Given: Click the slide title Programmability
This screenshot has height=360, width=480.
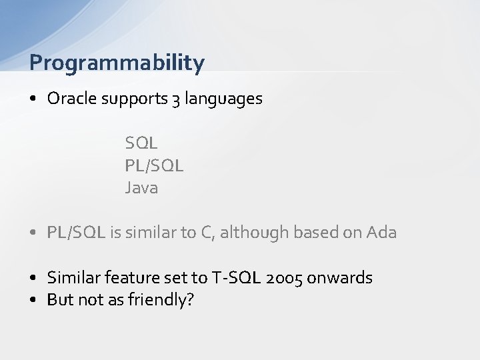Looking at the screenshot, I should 117,63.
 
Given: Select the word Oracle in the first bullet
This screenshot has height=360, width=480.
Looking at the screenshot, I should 73,99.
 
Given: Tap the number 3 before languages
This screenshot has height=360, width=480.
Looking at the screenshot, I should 175,99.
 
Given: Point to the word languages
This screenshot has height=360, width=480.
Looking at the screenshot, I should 224,99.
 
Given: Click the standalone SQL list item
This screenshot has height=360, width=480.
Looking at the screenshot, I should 141,143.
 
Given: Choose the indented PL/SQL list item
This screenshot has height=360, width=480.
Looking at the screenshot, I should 154,165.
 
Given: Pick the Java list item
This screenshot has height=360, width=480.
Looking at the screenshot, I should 141,188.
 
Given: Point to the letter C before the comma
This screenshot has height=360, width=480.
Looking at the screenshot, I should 205,233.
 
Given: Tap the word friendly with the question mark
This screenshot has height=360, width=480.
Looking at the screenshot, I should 161,300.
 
